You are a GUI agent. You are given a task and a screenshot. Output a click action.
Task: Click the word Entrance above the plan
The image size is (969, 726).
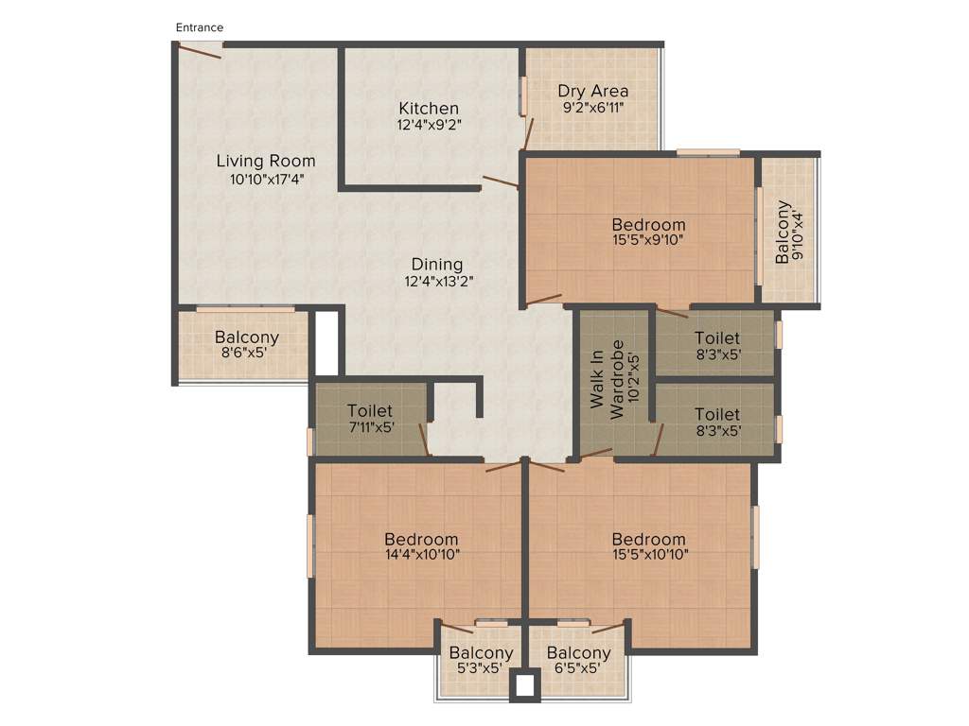click(x=199, y=27)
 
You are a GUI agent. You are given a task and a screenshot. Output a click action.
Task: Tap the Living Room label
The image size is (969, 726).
click(x=266, y=161)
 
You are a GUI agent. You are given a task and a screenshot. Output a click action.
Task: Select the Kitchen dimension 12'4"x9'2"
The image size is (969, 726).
click(x=429, y=124)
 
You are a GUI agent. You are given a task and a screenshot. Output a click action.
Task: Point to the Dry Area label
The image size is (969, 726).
click(x=592, y=91)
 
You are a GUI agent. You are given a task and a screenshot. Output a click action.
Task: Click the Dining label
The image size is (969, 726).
click(x=436, y=265)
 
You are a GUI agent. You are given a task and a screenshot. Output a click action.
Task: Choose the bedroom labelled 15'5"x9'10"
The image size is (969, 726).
click(x=648, y=232)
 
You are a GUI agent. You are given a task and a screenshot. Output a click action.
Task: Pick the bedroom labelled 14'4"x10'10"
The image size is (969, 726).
click(x=422, y=546)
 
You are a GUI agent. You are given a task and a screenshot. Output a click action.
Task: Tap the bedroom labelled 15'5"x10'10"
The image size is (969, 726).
click(x=648, y=546)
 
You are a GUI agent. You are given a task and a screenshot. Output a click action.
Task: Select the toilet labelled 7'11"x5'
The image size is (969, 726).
click(x=370, y=418)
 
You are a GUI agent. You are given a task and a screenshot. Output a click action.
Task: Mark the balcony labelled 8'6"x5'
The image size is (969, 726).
click(x=246, y=344)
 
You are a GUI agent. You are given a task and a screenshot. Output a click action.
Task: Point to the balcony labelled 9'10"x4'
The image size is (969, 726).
click(x=789, y=232)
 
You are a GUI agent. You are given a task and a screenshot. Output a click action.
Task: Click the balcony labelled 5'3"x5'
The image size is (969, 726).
click(x=481, y=660)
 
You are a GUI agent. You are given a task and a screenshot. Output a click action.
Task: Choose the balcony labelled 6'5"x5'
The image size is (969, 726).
click(x=578, y=660)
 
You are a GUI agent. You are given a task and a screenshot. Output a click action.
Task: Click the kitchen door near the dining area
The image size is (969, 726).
click(x=500, y=181)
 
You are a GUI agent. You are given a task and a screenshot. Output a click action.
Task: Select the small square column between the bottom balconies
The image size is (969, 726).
click(x=524, y=685)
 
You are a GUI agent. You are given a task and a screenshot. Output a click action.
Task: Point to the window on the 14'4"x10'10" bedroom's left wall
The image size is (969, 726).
click(x=310, y=545)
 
